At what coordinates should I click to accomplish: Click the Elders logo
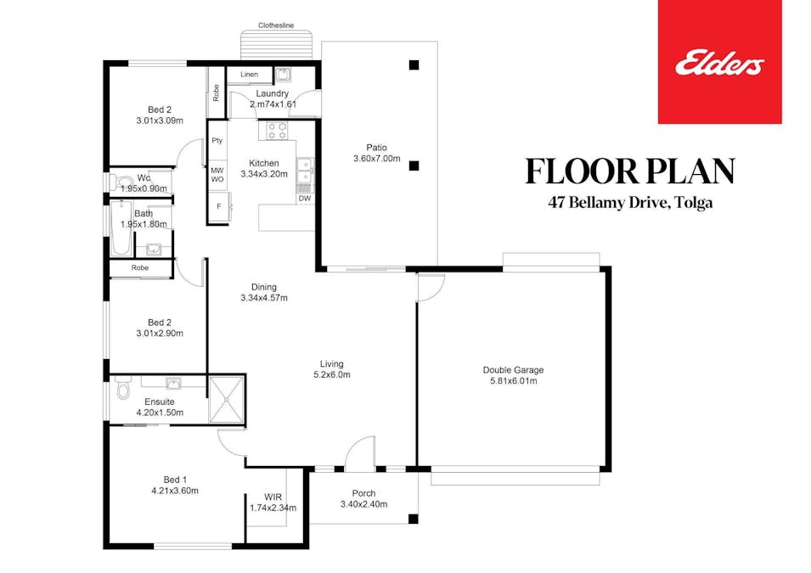point(719,63)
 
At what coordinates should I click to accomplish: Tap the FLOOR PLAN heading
point(630,171)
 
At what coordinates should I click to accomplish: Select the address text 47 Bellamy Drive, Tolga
point(630,204)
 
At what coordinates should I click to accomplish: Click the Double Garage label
point(513,370)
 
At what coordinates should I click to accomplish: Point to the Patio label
point(376,147)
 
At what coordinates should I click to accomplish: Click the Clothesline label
point(277,26)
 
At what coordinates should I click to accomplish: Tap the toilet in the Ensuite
point(122,389)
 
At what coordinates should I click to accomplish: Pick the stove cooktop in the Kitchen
point(277,132)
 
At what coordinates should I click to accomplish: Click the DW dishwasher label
point(304,199)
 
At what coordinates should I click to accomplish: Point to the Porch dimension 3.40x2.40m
point(363,504)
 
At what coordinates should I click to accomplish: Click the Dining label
point(264,287)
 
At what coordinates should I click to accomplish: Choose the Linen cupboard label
point(249,75)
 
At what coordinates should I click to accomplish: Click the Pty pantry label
point(217,141)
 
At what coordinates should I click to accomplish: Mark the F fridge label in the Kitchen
point(218,206)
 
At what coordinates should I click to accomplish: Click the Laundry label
point(272,93)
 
